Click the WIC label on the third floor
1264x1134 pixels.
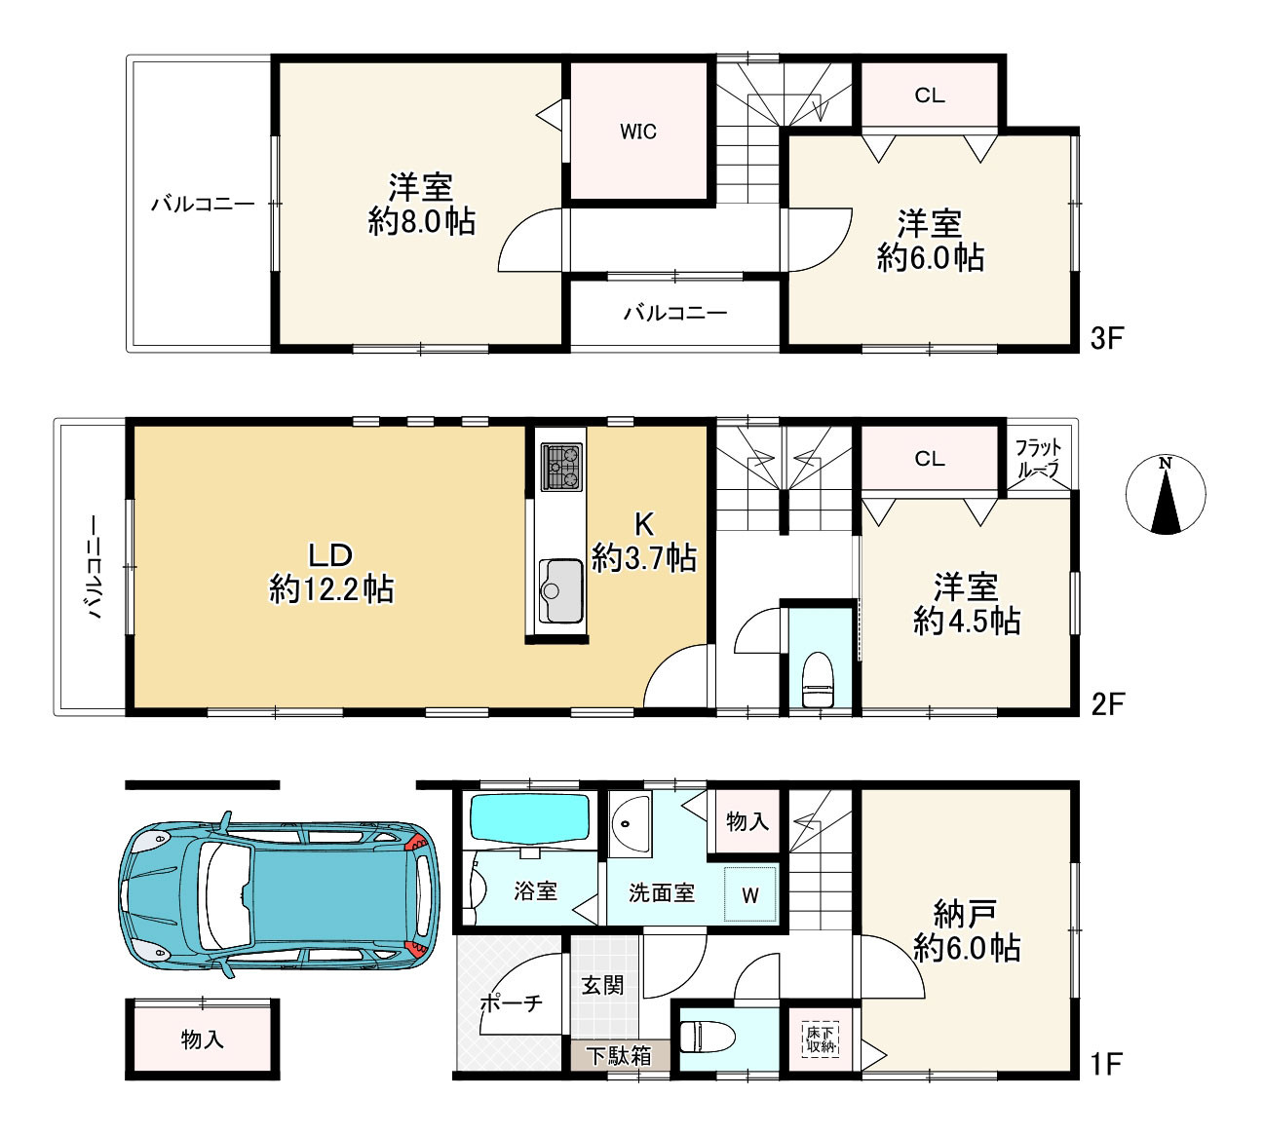pos(637,132)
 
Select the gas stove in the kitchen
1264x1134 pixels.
pos(561,467)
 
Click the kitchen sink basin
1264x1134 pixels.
pos(560,590)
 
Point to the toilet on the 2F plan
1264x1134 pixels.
pos(817,678)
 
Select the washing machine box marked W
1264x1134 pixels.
pos(749,893)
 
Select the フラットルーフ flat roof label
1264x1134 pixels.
pos(1038,458)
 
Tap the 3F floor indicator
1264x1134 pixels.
pos(1106,339)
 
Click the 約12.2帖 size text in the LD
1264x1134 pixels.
pos(331,589)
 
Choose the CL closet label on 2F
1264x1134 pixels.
pos(930,459)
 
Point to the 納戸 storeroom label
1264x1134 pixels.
pos(965,914)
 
